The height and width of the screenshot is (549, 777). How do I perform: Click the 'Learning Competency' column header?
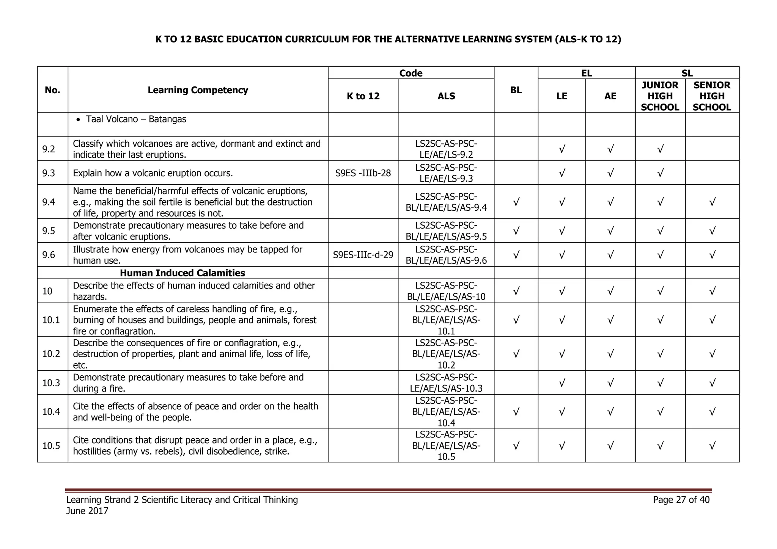click(x=198, y=90)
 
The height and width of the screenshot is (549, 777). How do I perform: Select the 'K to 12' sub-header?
click(x=363, y=96)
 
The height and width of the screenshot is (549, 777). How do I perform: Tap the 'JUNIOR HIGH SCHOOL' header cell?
click(x=660, y=96)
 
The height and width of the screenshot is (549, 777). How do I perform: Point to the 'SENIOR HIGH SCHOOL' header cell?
click(x=712, y=96)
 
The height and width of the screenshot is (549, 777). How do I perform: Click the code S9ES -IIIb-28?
click(x=363, y=173)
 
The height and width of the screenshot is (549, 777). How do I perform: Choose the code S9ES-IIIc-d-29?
click(x=363, y=255)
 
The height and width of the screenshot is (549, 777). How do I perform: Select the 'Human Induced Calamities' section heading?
click(x=182, y=273)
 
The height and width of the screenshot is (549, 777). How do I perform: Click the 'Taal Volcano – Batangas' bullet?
click(x=136, y=119)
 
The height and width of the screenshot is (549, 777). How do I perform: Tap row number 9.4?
click(x=49, y=202)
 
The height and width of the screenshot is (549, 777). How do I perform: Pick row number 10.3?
click(x=51, y=383)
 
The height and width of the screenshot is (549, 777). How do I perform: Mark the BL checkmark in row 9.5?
click(x=516, y=231)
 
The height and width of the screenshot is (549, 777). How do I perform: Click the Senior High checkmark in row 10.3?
click(x=712, y=383)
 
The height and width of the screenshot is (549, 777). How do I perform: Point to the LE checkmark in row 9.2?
click(x=562, y=149)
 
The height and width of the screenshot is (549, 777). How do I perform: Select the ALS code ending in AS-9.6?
click(x=446, y=255)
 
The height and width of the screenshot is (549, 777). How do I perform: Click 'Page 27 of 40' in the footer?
click(x=681, y=500)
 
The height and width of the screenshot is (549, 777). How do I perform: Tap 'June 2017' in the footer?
click(x=87, y=511)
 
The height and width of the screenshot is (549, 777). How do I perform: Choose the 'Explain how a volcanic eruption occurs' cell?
click(x=153, y=173)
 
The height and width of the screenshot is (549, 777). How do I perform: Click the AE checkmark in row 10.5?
click(x=610, y=445)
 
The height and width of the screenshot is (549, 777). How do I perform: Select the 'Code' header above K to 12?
click(x=411, y=73)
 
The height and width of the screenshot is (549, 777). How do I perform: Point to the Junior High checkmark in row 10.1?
click(x=660, y=320)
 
